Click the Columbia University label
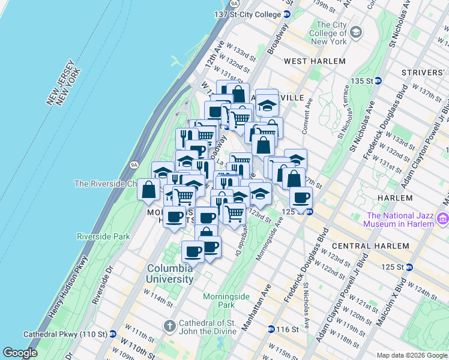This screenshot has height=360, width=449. (171, 274)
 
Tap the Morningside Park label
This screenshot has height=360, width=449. (226, 301)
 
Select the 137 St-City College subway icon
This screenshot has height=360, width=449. (287, 14)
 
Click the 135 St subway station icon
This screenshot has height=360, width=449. (378, 81)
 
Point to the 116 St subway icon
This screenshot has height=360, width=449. (271, 329)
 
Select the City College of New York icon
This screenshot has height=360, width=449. (356, 31)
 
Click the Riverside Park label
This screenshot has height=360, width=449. (103, 236)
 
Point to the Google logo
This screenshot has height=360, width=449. (20, 353)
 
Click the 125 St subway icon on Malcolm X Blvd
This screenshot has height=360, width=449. (409, 267)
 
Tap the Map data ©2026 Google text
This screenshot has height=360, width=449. (411, 355)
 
